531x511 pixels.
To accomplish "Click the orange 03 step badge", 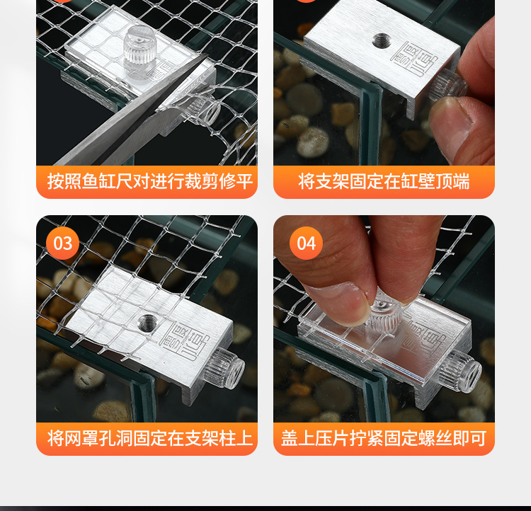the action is (62, 243).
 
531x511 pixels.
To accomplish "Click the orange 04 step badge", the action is (306, 243).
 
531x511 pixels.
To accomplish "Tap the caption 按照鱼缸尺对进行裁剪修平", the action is (149, 181).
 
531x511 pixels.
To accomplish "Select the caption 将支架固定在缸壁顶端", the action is (384, 181).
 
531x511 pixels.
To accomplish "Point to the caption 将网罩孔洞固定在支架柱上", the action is (149, 438).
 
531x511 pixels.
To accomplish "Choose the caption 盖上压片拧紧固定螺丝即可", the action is (384, 438).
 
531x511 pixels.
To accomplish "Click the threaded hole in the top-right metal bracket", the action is (381, 40).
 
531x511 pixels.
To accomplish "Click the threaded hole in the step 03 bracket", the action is (148, 323).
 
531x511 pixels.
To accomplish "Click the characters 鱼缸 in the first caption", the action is (98, 181).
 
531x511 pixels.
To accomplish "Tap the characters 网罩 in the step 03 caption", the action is (81, 438).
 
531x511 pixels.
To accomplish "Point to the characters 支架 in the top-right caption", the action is (332, 181).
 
